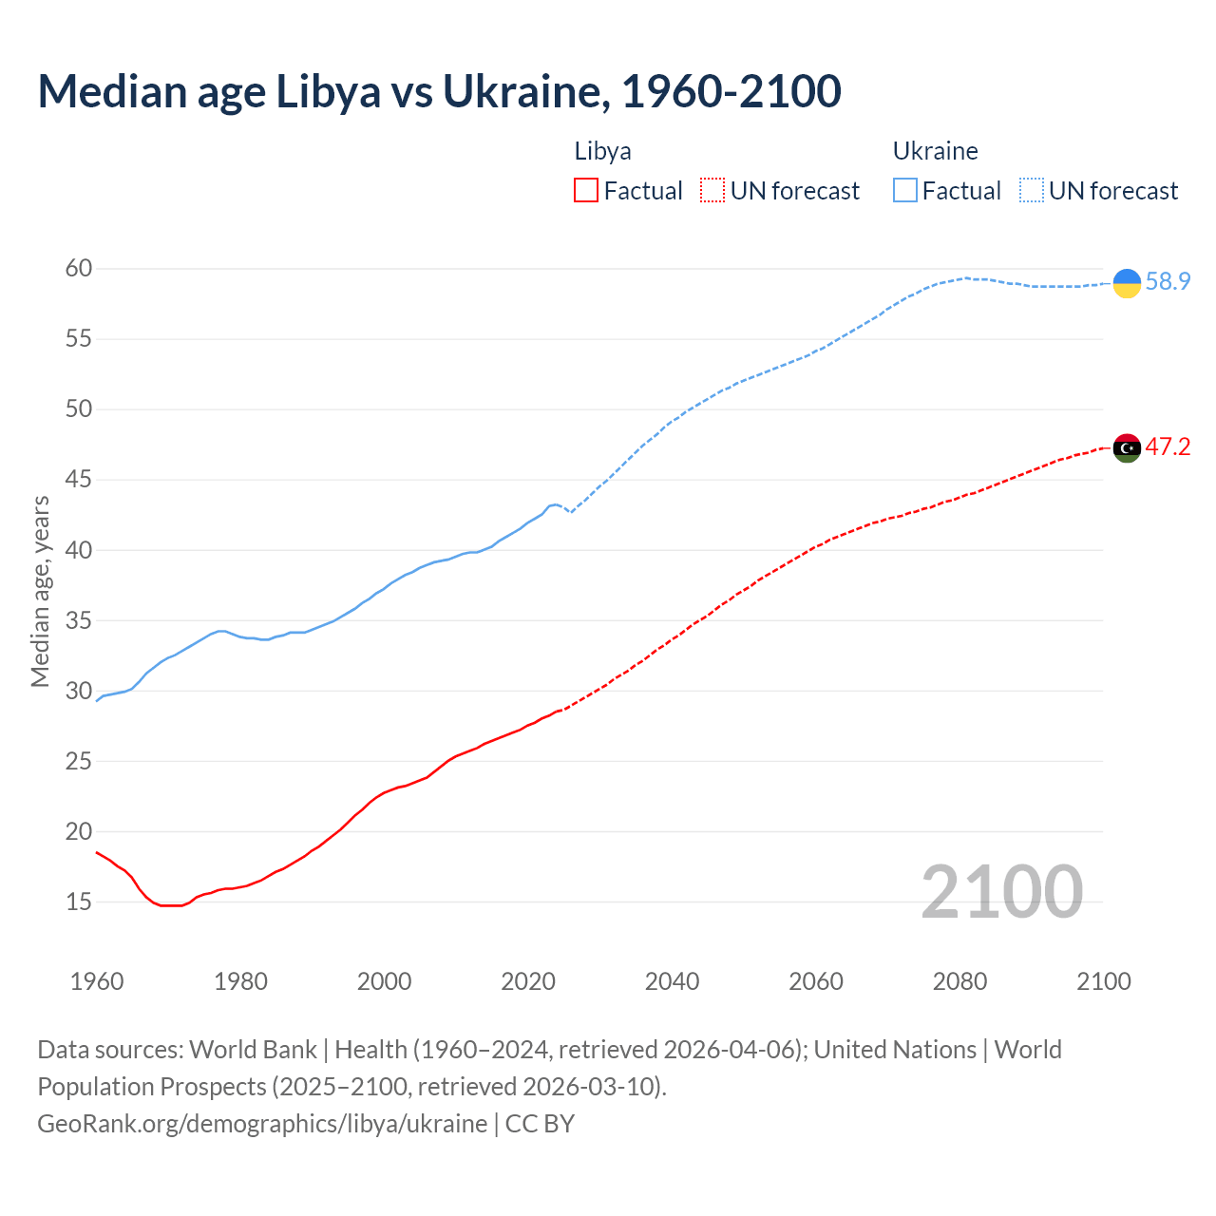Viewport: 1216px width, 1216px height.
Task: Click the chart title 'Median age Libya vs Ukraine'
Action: [439, 92]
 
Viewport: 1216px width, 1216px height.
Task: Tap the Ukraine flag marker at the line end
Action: [1127, 283]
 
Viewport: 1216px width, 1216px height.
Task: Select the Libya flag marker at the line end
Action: [1127, 448]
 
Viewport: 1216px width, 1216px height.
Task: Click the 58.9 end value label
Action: [1168, 282]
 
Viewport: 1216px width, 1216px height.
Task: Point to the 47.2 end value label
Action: [1168, 447]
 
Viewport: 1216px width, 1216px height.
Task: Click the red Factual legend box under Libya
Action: [586, 191]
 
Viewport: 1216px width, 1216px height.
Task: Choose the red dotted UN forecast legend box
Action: [712, 191]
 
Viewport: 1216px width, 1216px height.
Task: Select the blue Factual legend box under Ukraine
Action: [905, 191]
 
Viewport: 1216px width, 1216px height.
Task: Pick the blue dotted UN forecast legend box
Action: [1032, 191]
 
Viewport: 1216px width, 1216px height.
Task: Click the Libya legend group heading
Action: [602, 151]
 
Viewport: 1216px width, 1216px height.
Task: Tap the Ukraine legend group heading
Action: [935, 151]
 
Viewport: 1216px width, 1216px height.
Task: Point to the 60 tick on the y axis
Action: [79, 269]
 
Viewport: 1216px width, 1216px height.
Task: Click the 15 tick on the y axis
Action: [79, 902]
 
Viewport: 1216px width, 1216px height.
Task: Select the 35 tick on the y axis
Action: [79, 620]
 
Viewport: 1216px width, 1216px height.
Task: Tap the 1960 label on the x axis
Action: [97, 981]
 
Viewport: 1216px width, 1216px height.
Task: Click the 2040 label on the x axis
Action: [672, 981]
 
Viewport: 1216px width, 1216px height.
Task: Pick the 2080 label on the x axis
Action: [959, 981]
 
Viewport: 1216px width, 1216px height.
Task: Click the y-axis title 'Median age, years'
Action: [40, 591]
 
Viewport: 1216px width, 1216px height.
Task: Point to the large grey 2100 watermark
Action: [1001, 892]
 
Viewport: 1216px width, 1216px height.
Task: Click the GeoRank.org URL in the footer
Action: [262, 1124]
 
